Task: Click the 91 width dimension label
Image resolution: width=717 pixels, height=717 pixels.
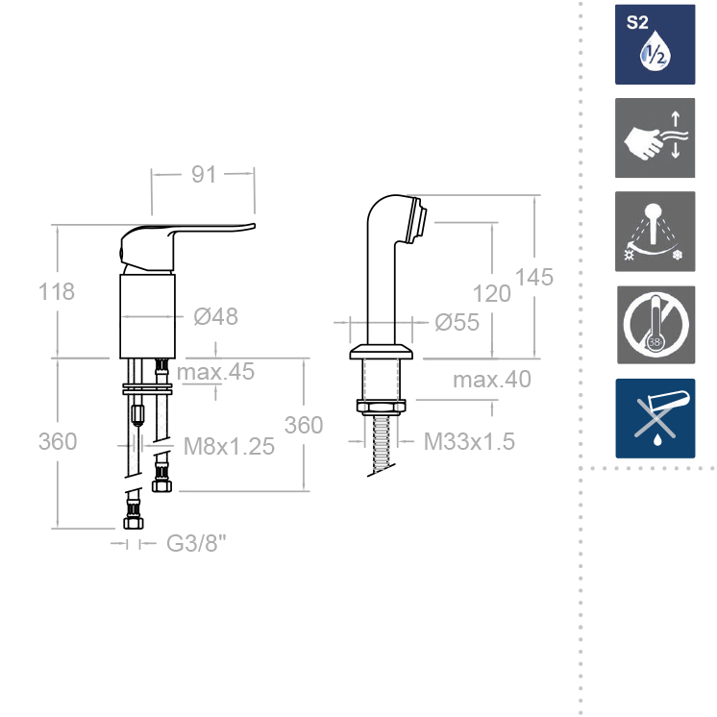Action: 203,174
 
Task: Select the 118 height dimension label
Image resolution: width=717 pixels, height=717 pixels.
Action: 57,292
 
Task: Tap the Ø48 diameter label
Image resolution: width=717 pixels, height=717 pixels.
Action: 215,317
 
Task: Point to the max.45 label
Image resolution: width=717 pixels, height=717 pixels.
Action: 218,372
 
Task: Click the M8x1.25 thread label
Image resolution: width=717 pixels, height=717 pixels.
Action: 229,445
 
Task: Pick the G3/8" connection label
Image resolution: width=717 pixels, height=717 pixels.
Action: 197,544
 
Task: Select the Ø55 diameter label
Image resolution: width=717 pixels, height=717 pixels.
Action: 457,323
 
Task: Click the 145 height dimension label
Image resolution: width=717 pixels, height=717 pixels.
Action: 534,277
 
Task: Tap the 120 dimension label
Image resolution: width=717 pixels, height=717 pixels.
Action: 492,294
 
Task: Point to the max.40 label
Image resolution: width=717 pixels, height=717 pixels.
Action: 492,380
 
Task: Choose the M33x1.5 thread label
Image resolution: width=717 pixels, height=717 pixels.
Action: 470,442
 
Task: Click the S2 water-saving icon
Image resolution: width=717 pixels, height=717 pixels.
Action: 655,44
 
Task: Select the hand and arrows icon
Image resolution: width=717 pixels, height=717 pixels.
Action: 655,136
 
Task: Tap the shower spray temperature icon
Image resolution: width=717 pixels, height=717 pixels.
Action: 655,232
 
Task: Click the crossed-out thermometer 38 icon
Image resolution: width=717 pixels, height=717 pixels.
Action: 655,325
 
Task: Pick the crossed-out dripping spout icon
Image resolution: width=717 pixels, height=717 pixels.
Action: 655,418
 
